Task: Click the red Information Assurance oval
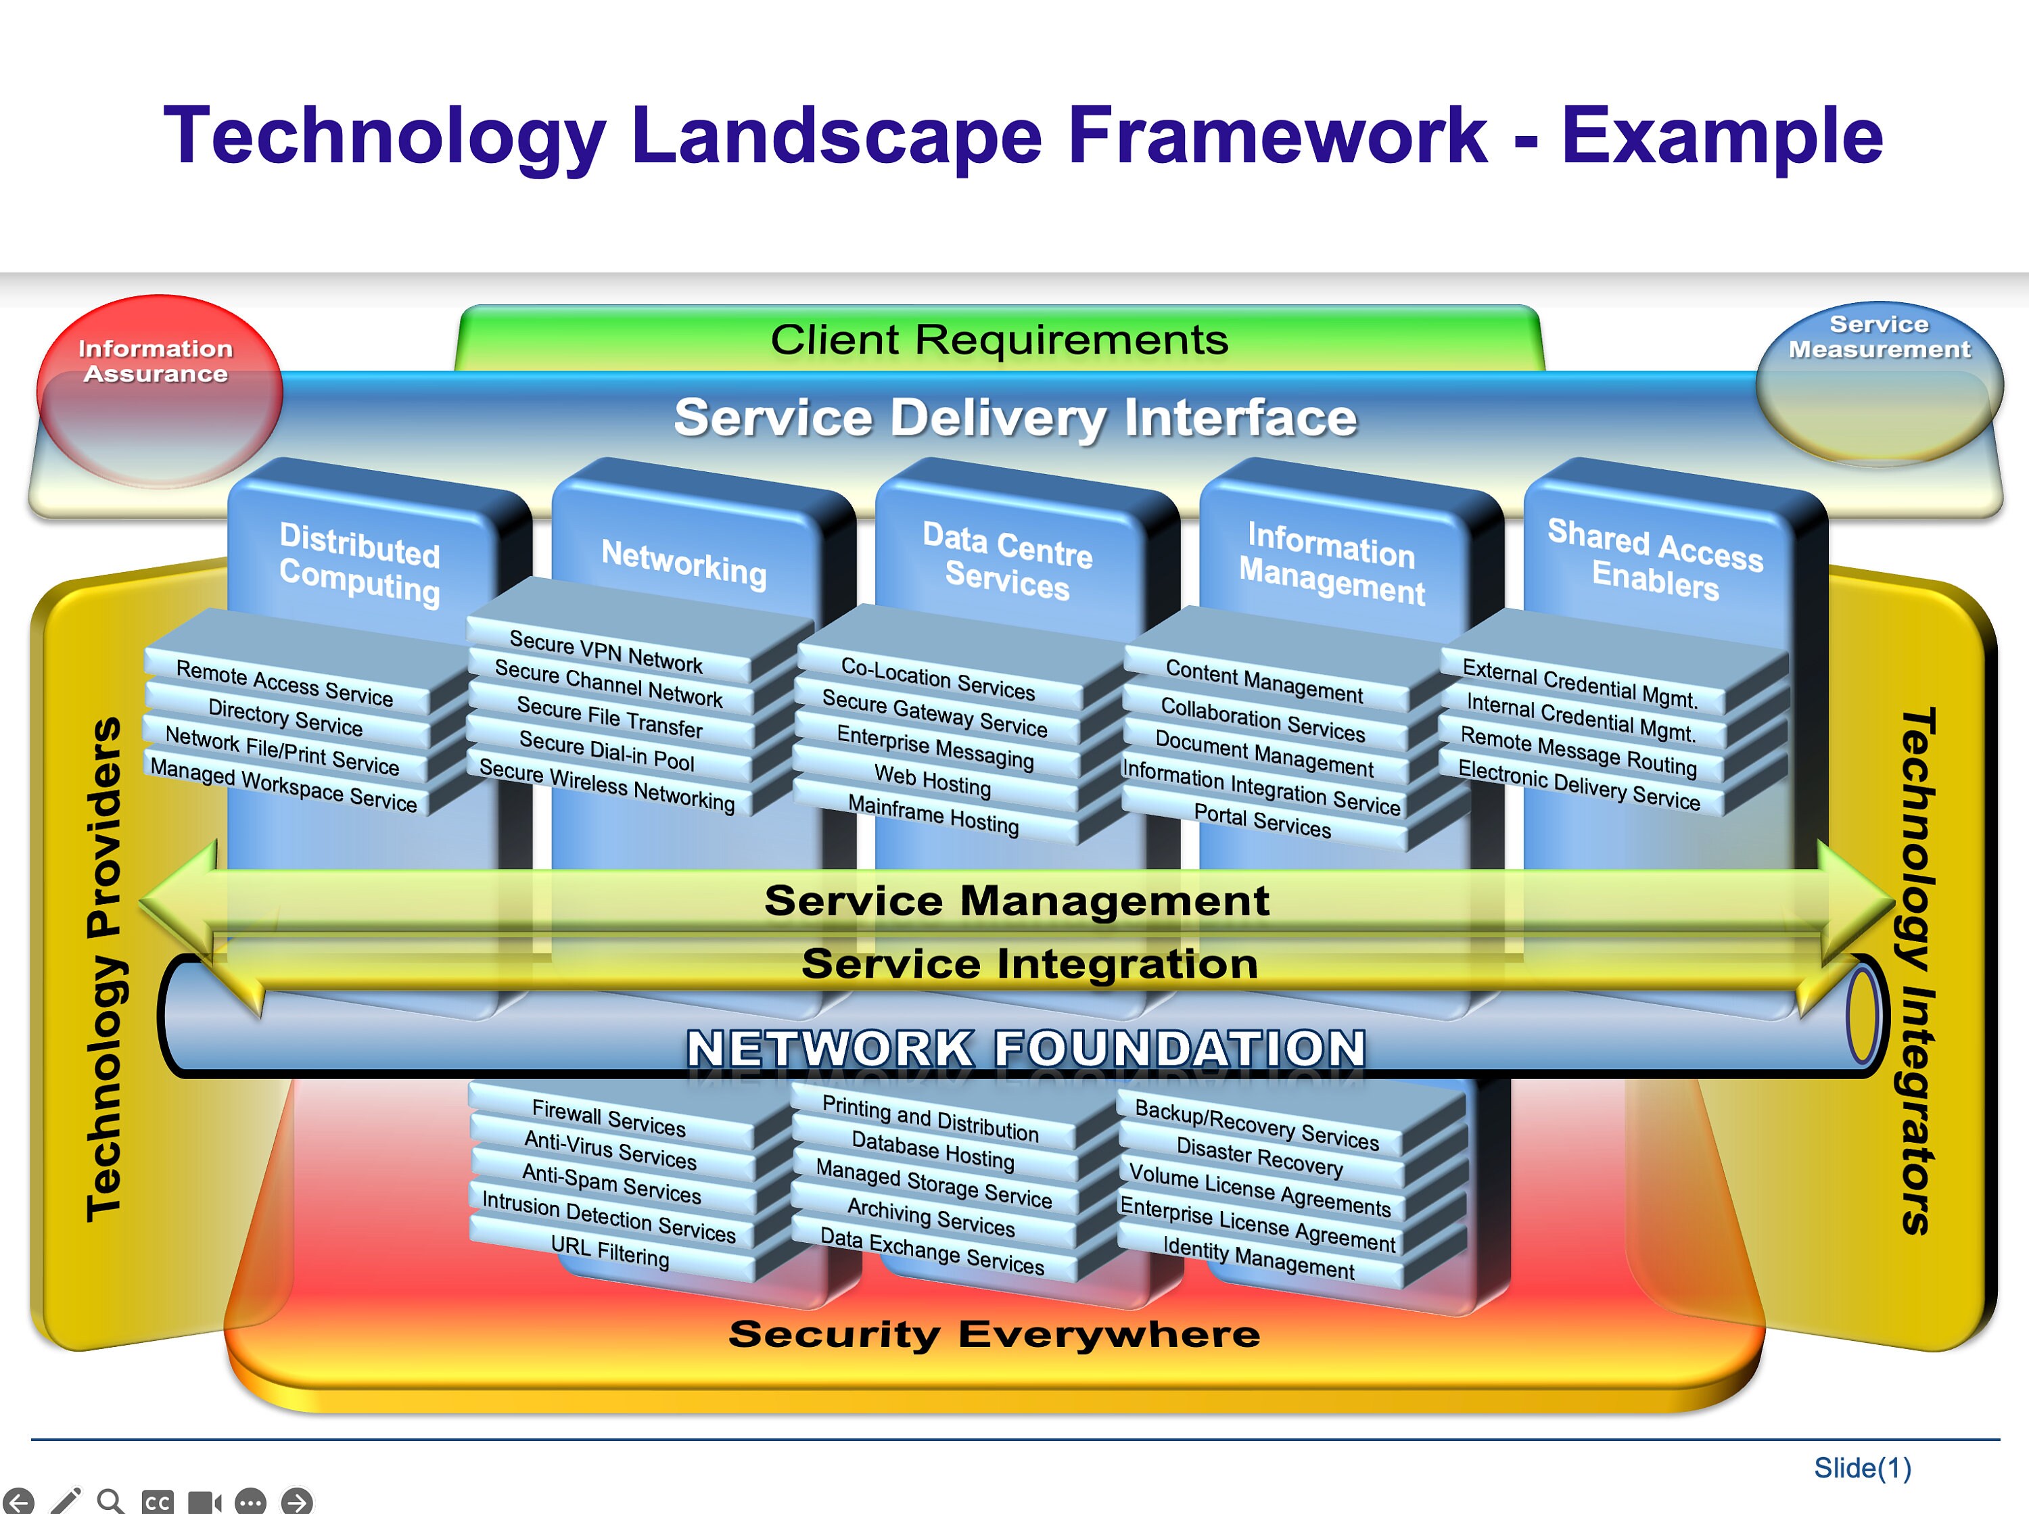tap(158, 389)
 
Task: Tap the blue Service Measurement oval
tap(1879, 380)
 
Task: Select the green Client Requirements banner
tap(999, 339)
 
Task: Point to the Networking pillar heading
tap(684, 561)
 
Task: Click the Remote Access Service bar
tap(284, 684)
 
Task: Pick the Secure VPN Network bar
tap(606, 650)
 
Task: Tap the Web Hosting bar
tap(933, 780)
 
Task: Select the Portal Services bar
tap(1262, 820)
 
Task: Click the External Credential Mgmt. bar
tap(1580, 683)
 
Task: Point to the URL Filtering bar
tap(609, 1251)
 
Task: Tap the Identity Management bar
tap(1258, 1258)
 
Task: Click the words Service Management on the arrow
tap(1017, 900)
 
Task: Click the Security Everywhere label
tap(994, 1333)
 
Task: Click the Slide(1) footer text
tap(1862, 1468)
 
